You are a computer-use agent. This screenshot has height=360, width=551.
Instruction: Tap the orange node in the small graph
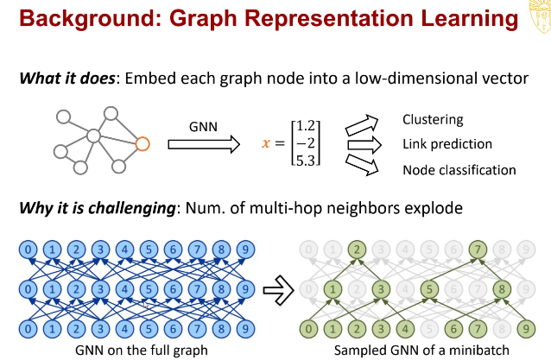click(142, 143)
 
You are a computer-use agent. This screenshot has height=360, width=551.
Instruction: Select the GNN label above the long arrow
click(205, 125)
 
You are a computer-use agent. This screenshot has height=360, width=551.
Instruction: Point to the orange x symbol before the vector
click(266, 144)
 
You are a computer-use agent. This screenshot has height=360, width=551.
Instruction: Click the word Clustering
click(433, 120)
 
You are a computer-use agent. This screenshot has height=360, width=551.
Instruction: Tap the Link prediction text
click(446, 144)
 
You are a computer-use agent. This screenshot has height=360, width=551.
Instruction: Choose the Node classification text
click(459, 169)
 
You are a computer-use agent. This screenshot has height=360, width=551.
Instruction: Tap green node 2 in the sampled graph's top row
click(356, 251)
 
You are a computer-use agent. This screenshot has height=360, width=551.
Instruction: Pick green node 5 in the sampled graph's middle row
click(427, 289)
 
